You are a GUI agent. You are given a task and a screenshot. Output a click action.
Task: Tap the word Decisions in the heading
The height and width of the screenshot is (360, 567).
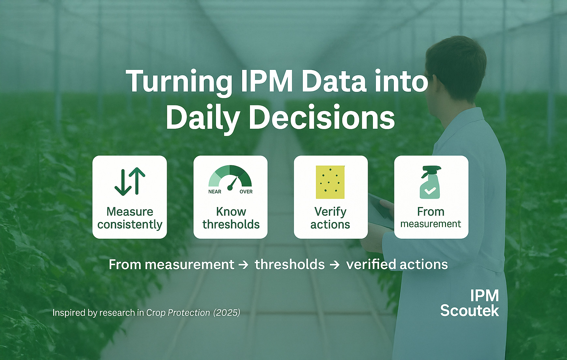tap(322, 117)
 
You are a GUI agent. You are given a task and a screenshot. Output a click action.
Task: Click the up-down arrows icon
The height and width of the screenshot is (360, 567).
tap(130, 181)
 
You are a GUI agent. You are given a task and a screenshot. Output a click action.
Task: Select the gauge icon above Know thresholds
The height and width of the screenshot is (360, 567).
tap(230, 178)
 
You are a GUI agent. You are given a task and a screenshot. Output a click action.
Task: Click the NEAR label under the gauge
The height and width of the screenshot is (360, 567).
tap(215, 192)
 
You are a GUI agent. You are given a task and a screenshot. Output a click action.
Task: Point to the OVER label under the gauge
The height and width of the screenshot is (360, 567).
tap(246, 192)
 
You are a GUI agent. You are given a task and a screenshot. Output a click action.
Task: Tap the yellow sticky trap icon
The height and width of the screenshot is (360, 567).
tap(330, 182)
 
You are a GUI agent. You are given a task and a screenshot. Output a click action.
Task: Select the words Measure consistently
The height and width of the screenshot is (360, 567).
tap(130, 218)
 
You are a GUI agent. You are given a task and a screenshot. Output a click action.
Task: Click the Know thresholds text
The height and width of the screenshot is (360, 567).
tap(231, 218)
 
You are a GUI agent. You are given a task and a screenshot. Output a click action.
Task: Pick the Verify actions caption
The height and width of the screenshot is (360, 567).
tap(330, 218)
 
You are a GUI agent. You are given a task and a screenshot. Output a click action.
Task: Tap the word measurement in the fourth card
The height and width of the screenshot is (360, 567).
tap(431, 224)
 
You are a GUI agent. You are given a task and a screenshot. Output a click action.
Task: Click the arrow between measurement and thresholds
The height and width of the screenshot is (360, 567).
tap(244, 265)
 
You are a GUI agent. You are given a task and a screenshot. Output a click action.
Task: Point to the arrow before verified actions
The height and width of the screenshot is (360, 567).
tap(335, 265)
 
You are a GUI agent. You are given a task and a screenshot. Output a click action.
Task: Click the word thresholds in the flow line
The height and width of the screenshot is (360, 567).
tap(290, 264)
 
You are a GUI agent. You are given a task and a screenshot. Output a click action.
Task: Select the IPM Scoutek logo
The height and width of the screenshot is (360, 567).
tap(470, 303)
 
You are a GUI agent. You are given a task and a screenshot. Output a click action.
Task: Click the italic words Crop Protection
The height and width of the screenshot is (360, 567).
tap(178, 313)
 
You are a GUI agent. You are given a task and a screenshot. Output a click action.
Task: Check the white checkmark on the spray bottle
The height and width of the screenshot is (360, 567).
tap(430, 190)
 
